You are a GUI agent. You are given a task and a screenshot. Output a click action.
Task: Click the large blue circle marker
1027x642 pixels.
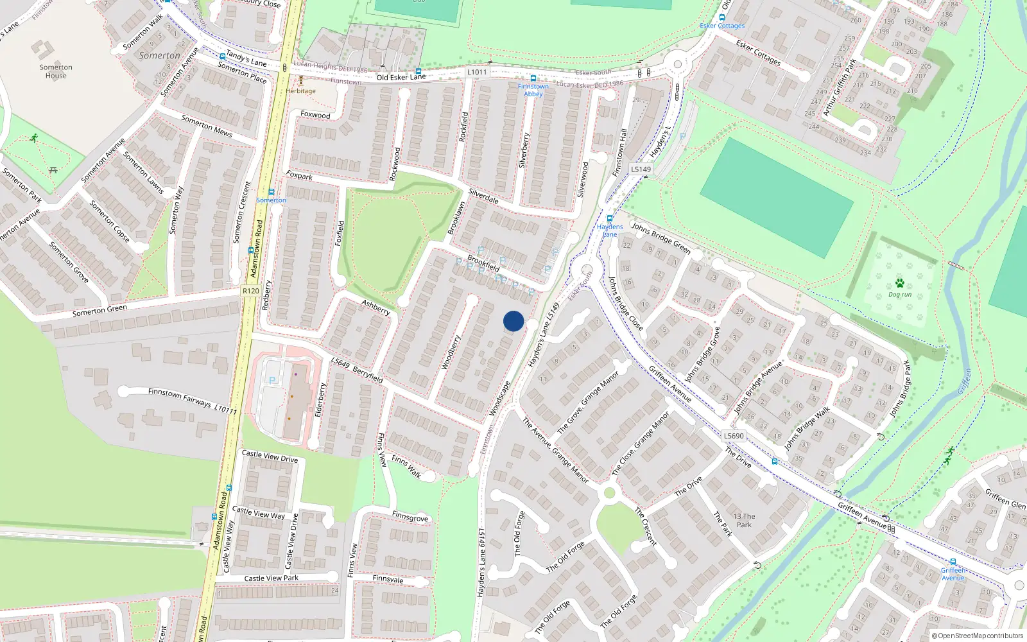513,321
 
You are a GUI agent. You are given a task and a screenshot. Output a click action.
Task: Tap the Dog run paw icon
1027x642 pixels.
900,283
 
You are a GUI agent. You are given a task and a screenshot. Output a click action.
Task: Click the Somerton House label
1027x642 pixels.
56,71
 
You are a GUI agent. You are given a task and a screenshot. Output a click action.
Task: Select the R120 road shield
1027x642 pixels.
251,291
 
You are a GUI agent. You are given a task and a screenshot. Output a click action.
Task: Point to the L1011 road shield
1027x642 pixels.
477,72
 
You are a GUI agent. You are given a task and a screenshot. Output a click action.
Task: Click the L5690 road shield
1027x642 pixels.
734,436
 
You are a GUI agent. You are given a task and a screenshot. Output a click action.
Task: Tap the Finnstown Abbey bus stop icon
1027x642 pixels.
533,78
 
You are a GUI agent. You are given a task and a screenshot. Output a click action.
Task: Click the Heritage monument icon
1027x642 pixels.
300,82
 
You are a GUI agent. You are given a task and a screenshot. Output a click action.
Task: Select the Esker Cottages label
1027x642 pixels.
722,26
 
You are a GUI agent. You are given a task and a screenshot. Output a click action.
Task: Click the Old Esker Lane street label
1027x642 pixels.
401,77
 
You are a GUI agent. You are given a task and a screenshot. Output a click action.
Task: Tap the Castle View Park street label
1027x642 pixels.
272,578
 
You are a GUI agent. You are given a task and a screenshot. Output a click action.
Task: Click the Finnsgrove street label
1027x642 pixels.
410,517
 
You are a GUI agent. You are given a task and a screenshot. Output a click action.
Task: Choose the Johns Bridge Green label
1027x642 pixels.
660,238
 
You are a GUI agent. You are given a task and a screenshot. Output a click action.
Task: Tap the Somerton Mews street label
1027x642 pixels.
207,126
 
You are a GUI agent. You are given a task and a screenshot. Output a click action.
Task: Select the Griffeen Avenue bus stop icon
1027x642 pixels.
953,562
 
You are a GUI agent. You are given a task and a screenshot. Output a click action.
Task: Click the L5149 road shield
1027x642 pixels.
641,169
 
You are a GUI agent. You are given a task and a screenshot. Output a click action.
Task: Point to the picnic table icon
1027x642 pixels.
53,170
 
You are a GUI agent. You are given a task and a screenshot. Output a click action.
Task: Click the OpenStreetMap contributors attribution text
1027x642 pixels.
980,636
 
